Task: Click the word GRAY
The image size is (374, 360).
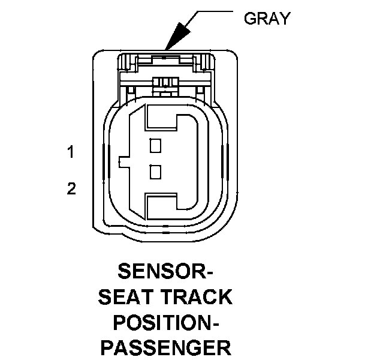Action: (266, 19)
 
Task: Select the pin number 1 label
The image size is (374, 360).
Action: (71, 152)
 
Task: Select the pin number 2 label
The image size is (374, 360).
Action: (71, 189)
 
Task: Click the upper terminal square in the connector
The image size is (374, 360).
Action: (156, 144)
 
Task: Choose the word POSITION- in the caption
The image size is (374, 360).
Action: (165, 322)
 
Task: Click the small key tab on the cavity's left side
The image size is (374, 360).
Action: (122, 161)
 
